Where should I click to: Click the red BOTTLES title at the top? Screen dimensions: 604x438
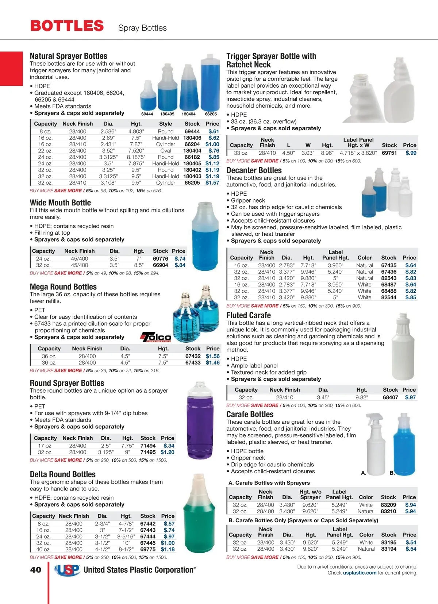(x=67, y=26)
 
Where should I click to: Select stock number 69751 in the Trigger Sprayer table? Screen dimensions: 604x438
(x=389, y=153)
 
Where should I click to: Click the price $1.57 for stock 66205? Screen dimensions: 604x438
(x=212, y=183)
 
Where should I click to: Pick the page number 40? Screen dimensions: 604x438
(x=36, y=570)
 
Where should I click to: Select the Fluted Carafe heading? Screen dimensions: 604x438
(x=249, y=315)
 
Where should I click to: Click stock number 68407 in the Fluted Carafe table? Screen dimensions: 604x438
(x=390, y=397)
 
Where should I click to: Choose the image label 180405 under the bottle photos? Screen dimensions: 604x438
(x=167, y=114)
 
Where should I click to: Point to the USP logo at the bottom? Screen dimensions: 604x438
(x=67, y=570)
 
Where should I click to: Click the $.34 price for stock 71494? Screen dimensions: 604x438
(x=169, y=446)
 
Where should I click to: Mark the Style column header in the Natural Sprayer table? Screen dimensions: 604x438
(x=165, y=124)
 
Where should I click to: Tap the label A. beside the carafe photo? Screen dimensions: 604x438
(x=364, y=473)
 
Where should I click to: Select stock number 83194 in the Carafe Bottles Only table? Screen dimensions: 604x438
(x=388, y=549)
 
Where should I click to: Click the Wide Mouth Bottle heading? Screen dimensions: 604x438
(x=60, y=203)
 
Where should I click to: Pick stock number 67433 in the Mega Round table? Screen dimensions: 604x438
(x=193, y=363)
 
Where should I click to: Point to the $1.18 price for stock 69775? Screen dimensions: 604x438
(x=168, y=549)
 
